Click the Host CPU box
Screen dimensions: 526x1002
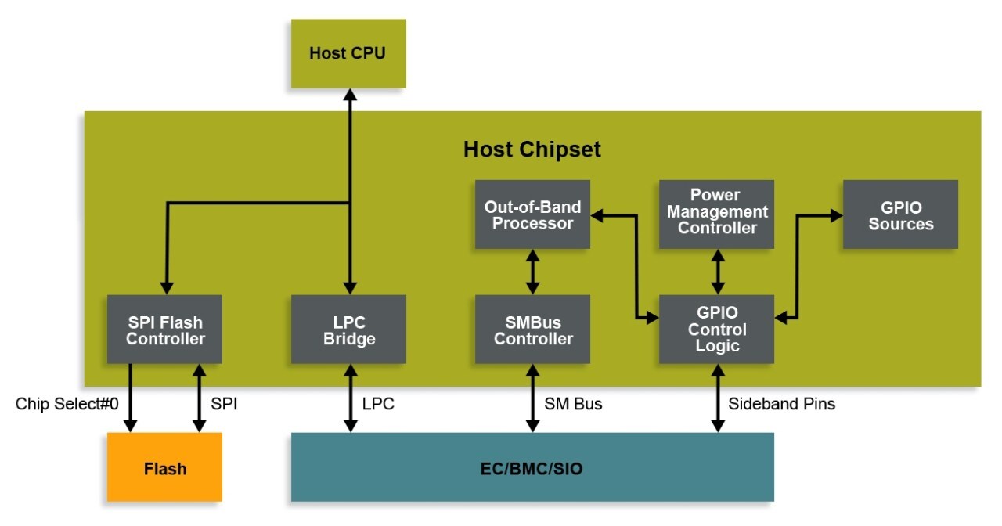pos(348,53)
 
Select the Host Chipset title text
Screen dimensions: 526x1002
pos(532,149)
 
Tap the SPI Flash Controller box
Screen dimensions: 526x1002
pos(164,330)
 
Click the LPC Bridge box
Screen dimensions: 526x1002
pos(348,330)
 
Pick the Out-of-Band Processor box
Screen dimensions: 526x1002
pos(532,214)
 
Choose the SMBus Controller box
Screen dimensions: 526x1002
pos(532,330)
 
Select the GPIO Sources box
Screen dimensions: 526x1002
pos(900,214)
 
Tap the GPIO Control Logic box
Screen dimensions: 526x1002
pos(716,330)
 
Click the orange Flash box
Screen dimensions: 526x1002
pos(164,467)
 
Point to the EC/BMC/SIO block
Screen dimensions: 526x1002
pos(532,467)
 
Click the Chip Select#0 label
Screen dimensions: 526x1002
pos(67,404)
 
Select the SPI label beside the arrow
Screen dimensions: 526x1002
pos(224,404)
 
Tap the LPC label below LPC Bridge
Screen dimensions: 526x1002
pos(378,404)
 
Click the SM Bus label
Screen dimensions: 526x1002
pos(573,404)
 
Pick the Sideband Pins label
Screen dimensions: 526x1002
pos(781,404)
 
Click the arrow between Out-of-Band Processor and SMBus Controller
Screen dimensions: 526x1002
pos(532,272)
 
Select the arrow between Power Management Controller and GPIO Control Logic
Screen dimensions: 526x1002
pos(716,272)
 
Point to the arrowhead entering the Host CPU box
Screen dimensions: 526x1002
pos(349,95)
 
